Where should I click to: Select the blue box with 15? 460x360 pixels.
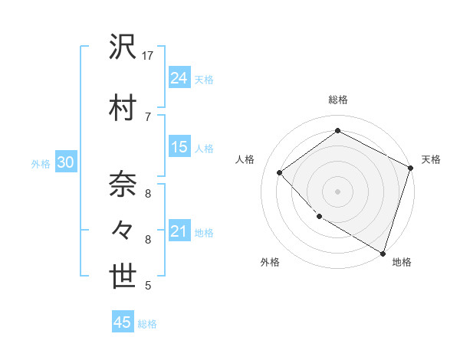179,146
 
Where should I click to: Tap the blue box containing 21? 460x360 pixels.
179,231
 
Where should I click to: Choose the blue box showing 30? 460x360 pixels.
65,162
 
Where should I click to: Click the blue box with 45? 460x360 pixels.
123,322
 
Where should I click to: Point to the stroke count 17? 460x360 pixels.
148,56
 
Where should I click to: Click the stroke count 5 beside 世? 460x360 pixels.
148,286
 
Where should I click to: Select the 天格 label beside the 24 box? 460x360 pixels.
204,78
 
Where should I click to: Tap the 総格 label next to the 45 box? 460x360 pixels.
147,324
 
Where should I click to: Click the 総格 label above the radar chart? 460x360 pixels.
338,100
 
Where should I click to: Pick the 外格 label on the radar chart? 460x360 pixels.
270,263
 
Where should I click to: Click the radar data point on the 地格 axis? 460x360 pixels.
383,252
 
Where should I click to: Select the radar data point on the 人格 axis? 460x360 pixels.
280,172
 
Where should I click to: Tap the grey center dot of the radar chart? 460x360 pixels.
338,191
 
